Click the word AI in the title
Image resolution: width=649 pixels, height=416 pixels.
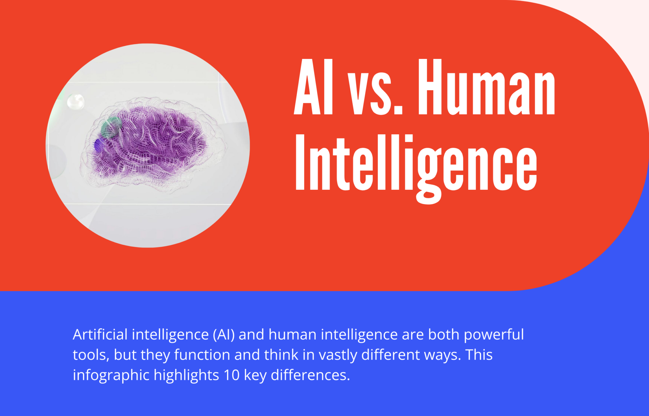click(x=314, y=87)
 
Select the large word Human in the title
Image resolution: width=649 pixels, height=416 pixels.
click(x=486, y=87)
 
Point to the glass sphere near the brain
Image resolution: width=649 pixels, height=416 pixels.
click(x=75, y=102)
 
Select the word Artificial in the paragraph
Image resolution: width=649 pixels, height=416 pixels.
click(x=100, y=335)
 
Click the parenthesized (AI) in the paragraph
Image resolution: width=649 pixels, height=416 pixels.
click(x=224, y=335)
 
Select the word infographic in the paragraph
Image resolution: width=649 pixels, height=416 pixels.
click(x=111, y=375)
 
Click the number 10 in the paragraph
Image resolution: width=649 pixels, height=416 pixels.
click(x=231, y=375)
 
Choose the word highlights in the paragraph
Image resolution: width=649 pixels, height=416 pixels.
click(x=186, y=375)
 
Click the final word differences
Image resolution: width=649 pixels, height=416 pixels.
click(x=310, y=375)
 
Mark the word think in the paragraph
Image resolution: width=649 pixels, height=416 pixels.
click(x=281, y=355)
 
